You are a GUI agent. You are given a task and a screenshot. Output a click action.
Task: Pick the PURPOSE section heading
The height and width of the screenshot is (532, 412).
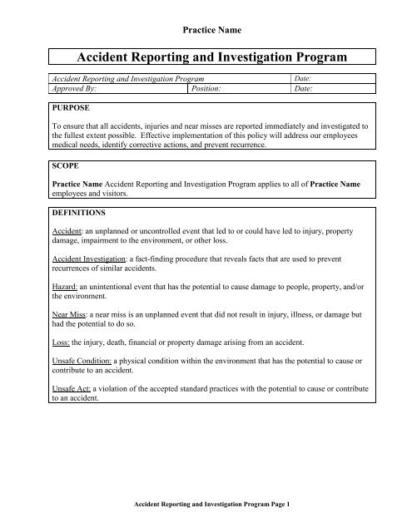pyautogui.click(x=72, y=108)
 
